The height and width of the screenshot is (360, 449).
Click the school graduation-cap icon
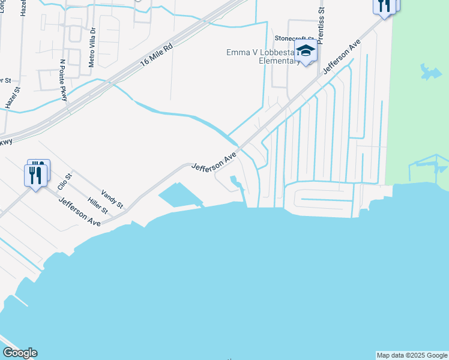click(x=306, y=52)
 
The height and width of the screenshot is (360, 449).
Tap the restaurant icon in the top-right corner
click(x=384, y=5)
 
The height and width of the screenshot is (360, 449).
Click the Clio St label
click(x=64, y=181)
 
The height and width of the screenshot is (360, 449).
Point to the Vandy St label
click(x=112, y=198)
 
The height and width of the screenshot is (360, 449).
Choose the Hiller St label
click(x=97, y=206)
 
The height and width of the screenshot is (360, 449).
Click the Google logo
click(x=20, y=353)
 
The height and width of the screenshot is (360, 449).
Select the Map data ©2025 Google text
click(x=412, y=355)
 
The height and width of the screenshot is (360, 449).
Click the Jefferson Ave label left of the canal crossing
click(x=214, y=161)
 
